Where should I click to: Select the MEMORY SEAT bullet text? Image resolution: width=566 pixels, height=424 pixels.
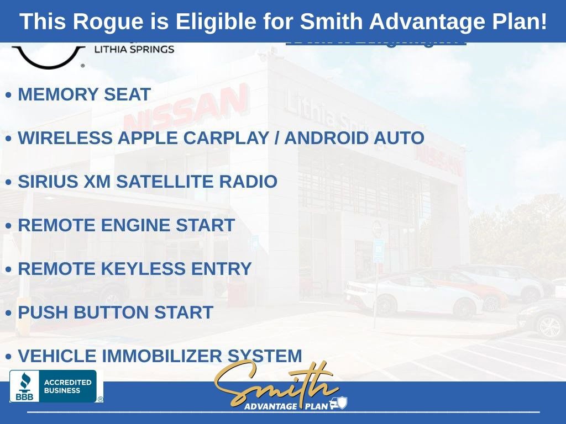(x=84, y=94)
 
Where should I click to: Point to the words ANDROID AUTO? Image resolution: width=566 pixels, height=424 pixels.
(x=354, y=138)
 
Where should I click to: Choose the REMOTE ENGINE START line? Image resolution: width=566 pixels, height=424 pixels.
(x=126, y=225)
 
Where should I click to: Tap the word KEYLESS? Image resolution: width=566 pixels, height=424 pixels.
(x=143, y=269)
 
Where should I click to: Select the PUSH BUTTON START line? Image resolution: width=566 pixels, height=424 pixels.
(x=115, y=312)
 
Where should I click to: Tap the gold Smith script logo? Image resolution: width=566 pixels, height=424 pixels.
(x=275, y=383)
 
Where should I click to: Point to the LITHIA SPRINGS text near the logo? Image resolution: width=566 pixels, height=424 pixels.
(x=135, y=49)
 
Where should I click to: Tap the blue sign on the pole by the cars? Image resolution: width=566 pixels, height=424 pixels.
(x=378, y=250)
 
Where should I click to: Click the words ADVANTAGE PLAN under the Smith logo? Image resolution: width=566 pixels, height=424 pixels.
(x=286, y=406)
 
